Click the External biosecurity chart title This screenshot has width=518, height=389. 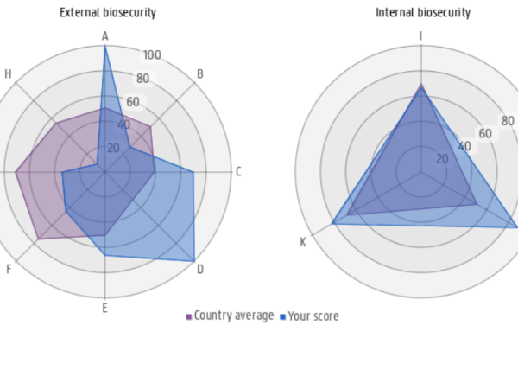107,13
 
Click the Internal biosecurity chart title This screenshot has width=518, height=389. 423,13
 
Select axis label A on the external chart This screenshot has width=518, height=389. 105,36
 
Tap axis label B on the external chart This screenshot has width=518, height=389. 200,74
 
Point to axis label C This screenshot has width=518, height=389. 238,172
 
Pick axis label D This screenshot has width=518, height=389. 200,270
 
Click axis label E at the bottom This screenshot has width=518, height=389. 105,309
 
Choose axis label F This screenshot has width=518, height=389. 9,270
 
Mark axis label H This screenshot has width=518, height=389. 8,74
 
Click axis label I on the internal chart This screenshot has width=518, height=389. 421,36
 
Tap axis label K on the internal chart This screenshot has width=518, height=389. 303,242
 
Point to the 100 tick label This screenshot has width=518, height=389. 152,55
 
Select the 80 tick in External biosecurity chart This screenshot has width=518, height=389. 142,79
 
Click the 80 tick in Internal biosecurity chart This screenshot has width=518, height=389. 508,121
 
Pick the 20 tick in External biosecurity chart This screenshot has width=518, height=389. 114,148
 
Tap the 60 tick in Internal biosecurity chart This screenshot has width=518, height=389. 485,134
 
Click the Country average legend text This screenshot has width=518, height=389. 234,316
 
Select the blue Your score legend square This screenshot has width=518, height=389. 283,317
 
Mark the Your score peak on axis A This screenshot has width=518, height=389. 105,47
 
